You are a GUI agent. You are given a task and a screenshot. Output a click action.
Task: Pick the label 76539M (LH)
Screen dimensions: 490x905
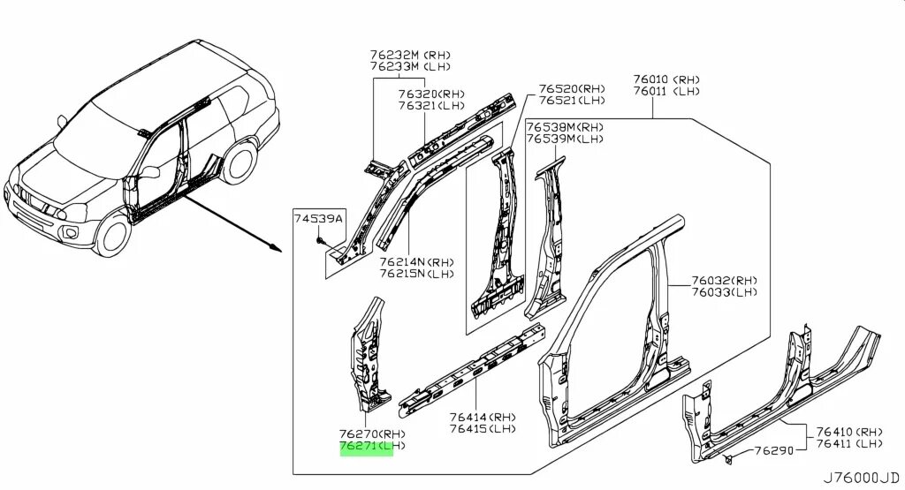pyautogui.click(x=565, y=139)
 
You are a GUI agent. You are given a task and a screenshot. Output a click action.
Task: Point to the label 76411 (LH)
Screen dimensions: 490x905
pyautogui.click(x=848, y=443)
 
